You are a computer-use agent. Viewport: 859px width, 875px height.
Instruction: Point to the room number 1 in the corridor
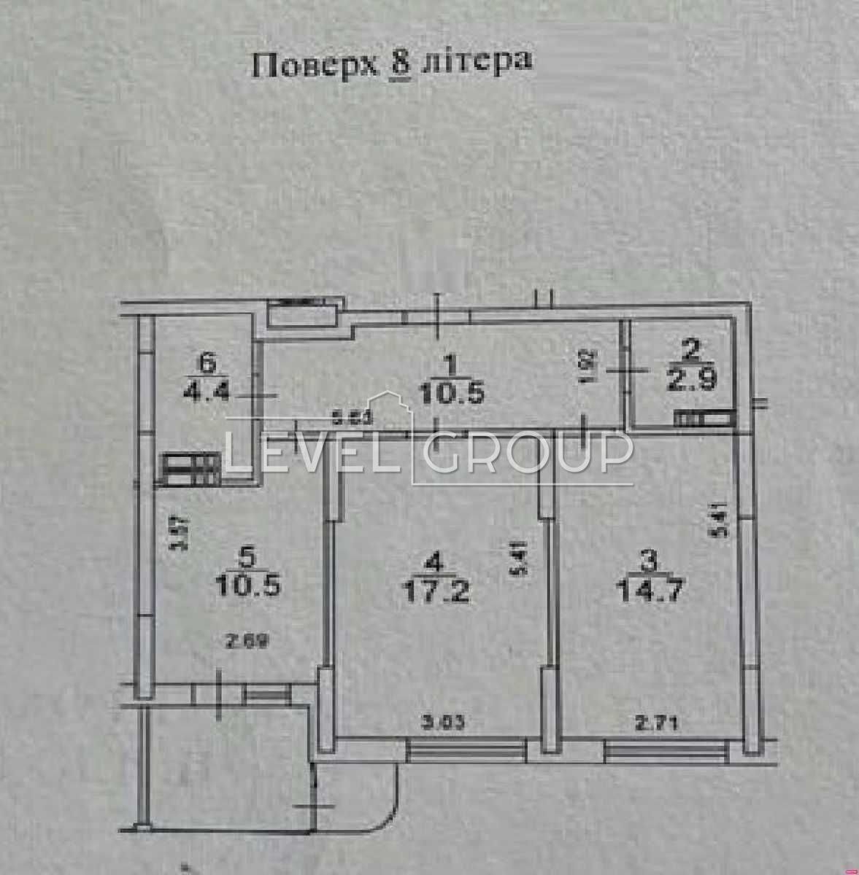450,362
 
